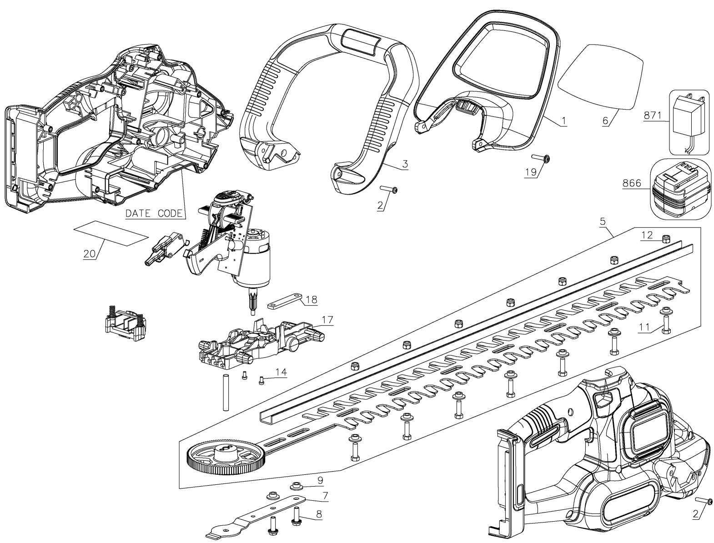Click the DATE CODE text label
click(154, 213)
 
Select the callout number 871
click(653, 116)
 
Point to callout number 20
click(89, 253)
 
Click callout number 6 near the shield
click(605, 121)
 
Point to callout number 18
click(312, 300)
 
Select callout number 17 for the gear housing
click(328, 320)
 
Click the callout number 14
click(281, 372)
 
